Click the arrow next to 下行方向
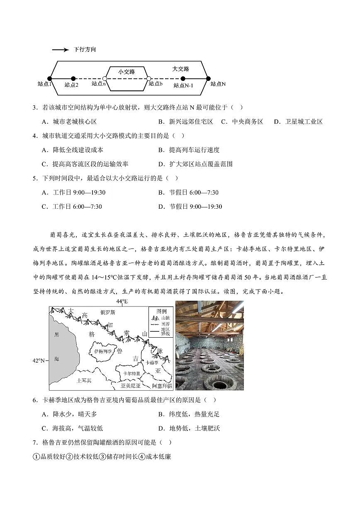[x=60, y=50]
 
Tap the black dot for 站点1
[x=50, y=78]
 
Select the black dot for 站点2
[x=73, y=78]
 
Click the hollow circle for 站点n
[x=105, y=78]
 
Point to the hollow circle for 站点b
[x=148, y=78]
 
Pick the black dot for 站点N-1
[x=183, y=78]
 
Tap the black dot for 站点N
[x=208, y=78]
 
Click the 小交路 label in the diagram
[x=126, y=72]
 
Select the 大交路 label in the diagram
[x=180, y=69]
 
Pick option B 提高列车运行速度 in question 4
[x=189, y=150]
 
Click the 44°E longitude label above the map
[x=122, y=302]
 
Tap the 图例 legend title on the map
[x=161, y=311]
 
